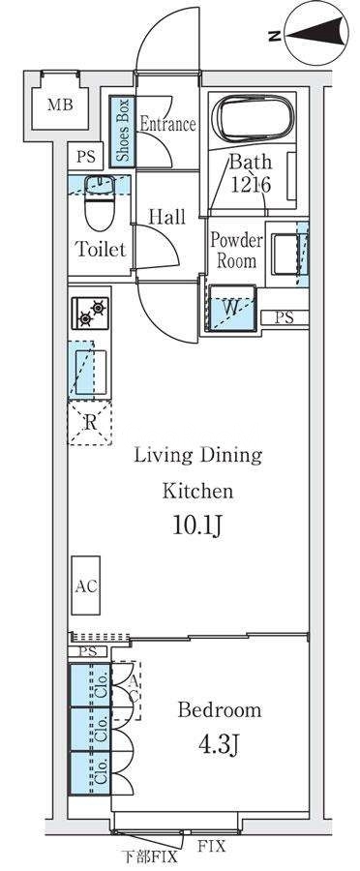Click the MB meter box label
60,104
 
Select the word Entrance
167,123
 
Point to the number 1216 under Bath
250,185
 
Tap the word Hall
166,217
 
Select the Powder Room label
236,250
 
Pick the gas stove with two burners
90,314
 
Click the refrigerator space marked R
89,423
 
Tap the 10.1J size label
197,526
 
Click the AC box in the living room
86,586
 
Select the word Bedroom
220,710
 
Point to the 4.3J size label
219,743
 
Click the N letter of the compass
273,36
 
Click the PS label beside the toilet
86,156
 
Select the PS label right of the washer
285,318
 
